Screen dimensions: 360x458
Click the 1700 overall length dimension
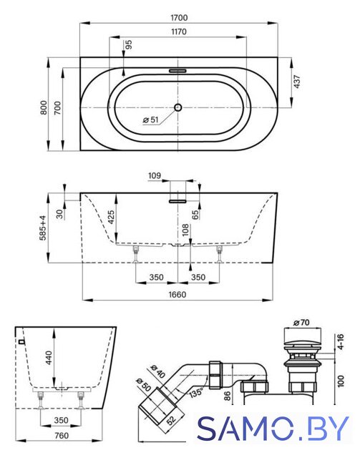(x=179, y=18)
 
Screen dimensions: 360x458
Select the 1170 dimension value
(x=178, y=31)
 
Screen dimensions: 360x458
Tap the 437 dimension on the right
(x=297, y=82)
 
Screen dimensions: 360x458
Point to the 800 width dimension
(x=44, y=107)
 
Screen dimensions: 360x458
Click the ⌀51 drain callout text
(x=150, y=120)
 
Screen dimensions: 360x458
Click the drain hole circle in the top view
(x=178, y=107)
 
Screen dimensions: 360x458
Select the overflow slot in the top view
(x=177, y=70)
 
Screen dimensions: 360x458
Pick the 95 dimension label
(x=129, y=44)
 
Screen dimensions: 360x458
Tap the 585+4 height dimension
(x=43, y=228)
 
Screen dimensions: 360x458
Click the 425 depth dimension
(x=111, y=218)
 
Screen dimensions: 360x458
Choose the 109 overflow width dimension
(x=155, y=175)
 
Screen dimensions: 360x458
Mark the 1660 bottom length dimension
(x=177, y=294)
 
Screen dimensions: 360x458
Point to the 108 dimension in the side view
(x=185, y=230)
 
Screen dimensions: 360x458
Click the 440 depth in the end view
(x=49, y=358)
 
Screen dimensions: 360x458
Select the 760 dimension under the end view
(x=62, y=436)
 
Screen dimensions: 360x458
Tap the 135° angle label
(x=196, y=391)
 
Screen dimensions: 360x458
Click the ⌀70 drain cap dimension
(x=301, y=323)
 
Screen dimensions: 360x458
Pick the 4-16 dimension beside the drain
(x=341, y=342)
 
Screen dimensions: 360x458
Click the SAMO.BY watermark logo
(x=273, y=428)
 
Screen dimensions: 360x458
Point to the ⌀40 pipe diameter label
(x=157, y=371)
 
